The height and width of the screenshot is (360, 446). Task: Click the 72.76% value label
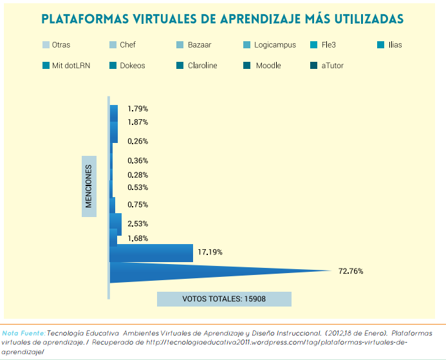click(x=351, y=271)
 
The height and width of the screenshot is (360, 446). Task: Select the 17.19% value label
click(x=210, y=252)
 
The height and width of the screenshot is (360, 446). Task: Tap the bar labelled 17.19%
click(x=152, y=253)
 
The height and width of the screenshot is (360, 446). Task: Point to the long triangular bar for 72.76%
click(x=193, y=272)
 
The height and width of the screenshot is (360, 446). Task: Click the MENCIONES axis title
click(x=89, y=186)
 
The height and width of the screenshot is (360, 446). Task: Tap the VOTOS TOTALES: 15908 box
click(x=224, y=299)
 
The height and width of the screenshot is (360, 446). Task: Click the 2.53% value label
click(x=138, y=223)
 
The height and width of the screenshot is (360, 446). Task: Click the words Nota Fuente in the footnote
click(x=24, y=334)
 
